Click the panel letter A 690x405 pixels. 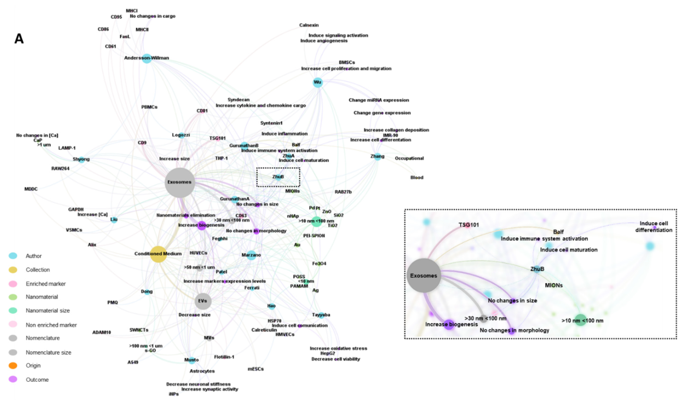coord(19,39)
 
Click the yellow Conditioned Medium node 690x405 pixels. coord(158,254)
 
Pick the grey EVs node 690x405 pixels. coord(203,301)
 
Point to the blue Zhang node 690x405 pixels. coord(378,157)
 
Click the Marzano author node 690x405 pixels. coord(251,255)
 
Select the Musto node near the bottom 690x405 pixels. coord(192,360)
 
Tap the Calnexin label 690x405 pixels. coord(309,25)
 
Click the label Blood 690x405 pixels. coord(417,178)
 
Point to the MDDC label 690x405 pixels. coord(31,189)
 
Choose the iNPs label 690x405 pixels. coord(174,394)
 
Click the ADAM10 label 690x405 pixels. coord(101,332)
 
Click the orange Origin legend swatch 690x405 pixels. coord(13,366)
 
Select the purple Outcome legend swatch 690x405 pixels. coord(13,379)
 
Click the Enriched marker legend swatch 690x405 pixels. coord(13,284)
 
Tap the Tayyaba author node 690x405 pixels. coord(321,315)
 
